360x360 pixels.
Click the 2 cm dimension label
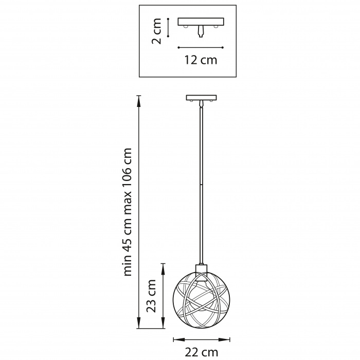pyautogui.click(x=156, y=31)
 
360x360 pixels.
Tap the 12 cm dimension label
pyautogui.click(x=201, y=60)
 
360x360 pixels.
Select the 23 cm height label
pyautogui.click(x=151, y=296)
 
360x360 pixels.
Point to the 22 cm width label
pyautogui.click(x=202, y=352)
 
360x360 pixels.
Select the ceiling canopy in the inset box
pyautogui.click(x=201, y=22)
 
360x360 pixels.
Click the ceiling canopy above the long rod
pyautogui.click(x=202, y=98)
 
